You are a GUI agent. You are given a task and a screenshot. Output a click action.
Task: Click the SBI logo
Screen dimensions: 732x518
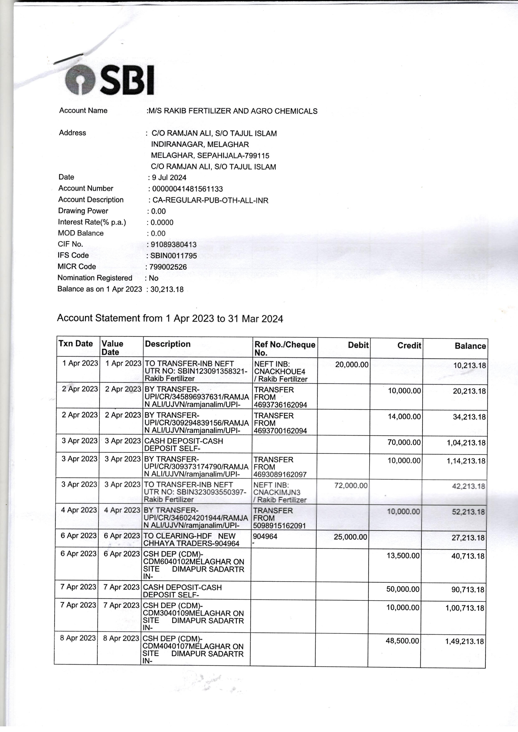tap(109, 80)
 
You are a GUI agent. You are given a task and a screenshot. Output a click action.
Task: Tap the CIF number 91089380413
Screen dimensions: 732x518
tap(173, 245)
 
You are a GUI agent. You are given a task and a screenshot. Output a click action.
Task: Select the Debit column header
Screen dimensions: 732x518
tap(358, 345)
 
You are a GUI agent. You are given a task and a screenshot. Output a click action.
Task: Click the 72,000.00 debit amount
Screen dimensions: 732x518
tap(351, 485)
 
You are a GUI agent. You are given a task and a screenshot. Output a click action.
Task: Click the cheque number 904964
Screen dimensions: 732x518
tap(265, 537)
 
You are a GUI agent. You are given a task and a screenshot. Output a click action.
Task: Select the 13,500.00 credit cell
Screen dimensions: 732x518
tap(403, 556)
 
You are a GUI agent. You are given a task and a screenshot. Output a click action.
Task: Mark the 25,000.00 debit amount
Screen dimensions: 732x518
tap(350, 537)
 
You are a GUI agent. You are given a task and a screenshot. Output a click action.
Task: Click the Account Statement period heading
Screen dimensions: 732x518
tap(170, 319)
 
